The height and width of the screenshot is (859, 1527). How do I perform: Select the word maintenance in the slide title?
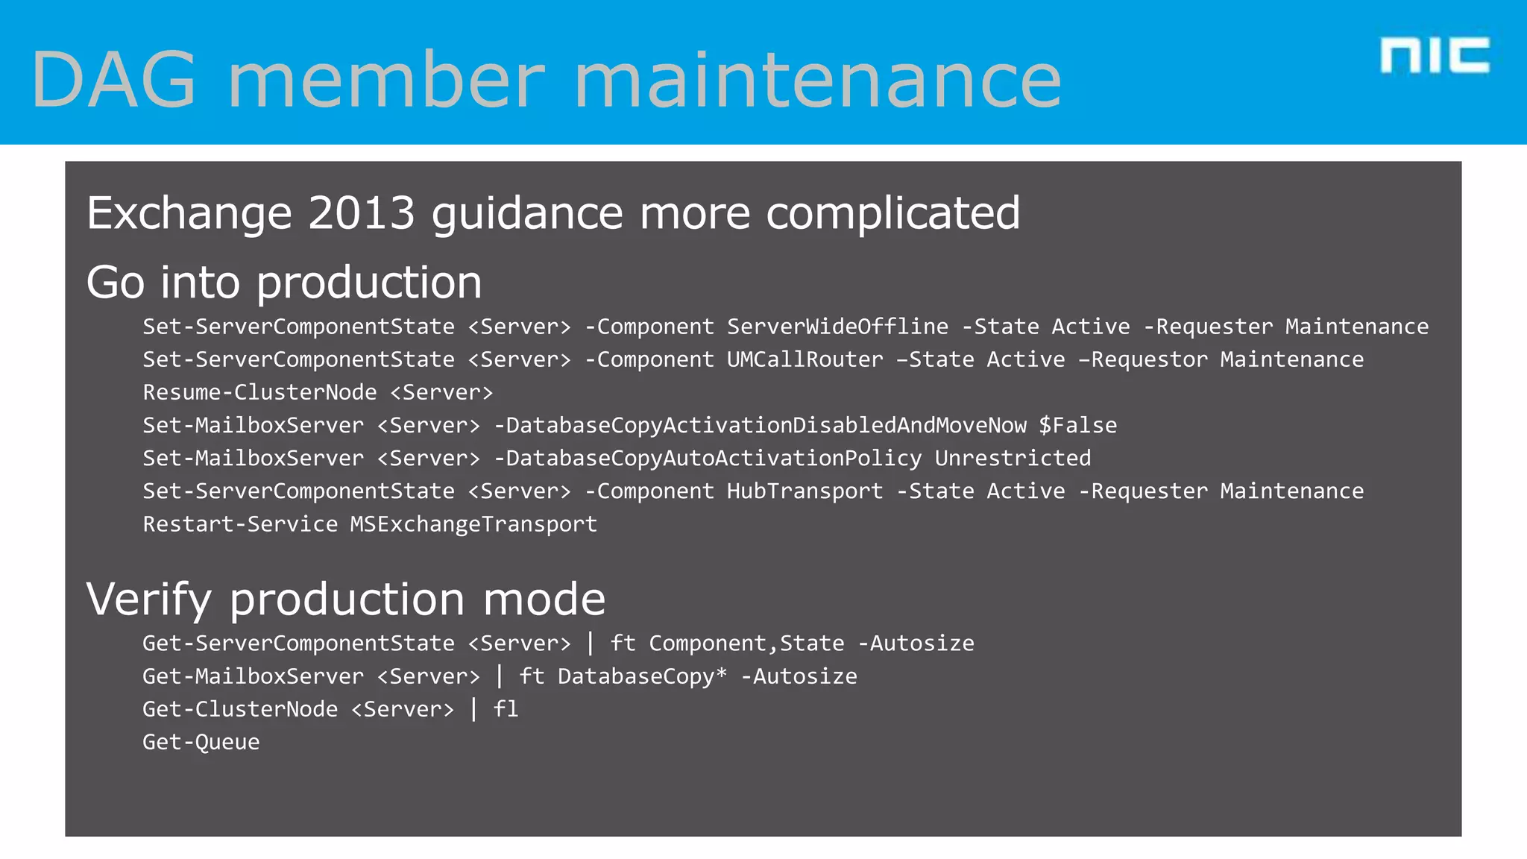(x=817, y=80)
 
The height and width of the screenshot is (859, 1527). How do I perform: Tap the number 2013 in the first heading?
(x=361, y=213)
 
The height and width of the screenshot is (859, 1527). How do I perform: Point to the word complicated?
(x=892, y=215)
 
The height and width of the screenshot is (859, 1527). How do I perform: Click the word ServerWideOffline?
(x=837, y=327)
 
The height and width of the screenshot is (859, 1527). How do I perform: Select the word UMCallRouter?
(x=805, y=359)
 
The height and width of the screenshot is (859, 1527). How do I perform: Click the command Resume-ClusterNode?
(x=259, y=392)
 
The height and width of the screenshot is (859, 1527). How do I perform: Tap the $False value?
(x=1077, y=425)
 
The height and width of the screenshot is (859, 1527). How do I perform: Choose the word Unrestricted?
(x=1013, y=458)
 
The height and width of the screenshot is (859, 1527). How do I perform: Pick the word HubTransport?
(x=805, y=491)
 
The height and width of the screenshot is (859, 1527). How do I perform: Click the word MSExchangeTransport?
(x=473, y=524)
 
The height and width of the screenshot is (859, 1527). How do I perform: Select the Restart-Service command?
(x=240, y=524)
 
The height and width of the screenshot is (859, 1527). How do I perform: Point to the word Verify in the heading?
(x=149, y=600)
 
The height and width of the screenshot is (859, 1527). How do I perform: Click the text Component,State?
(x=746, y=643)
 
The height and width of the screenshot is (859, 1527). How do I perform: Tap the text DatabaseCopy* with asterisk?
(x=642, y=676)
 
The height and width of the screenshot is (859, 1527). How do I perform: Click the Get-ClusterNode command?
(x=240, y=709)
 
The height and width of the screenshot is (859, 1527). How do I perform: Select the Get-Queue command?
(x=201, y=742)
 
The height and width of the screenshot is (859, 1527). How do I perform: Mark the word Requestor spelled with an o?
(x=1149, y=359)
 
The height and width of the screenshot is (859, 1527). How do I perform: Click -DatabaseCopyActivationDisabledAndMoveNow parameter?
(x=761, y=425)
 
